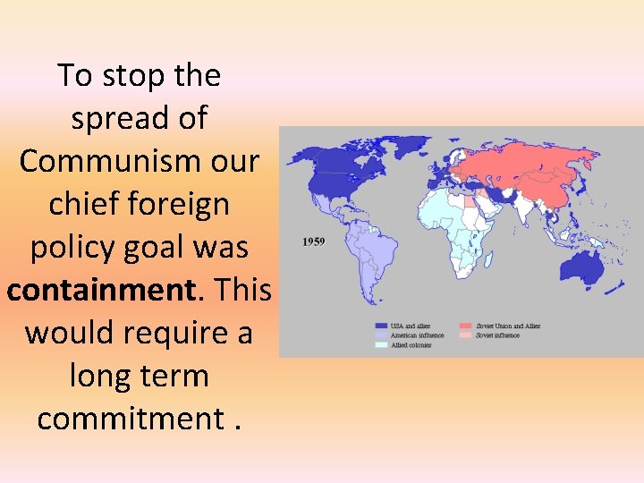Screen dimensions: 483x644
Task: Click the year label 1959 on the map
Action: tap(312, 241)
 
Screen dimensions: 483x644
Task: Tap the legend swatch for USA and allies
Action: tap(381, 326)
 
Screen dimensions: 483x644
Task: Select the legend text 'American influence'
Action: tap(417, 335)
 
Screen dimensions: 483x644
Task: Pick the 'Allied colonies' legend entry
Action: tap(411, 344)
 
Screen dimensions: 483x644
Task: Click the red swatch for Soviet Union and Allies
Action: tap(466, 326)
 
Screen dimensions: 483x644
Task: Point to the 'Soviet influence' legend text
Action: tap(498, 335)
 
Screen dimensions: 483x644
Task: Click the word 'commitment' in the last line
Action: tap(130, 419)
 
